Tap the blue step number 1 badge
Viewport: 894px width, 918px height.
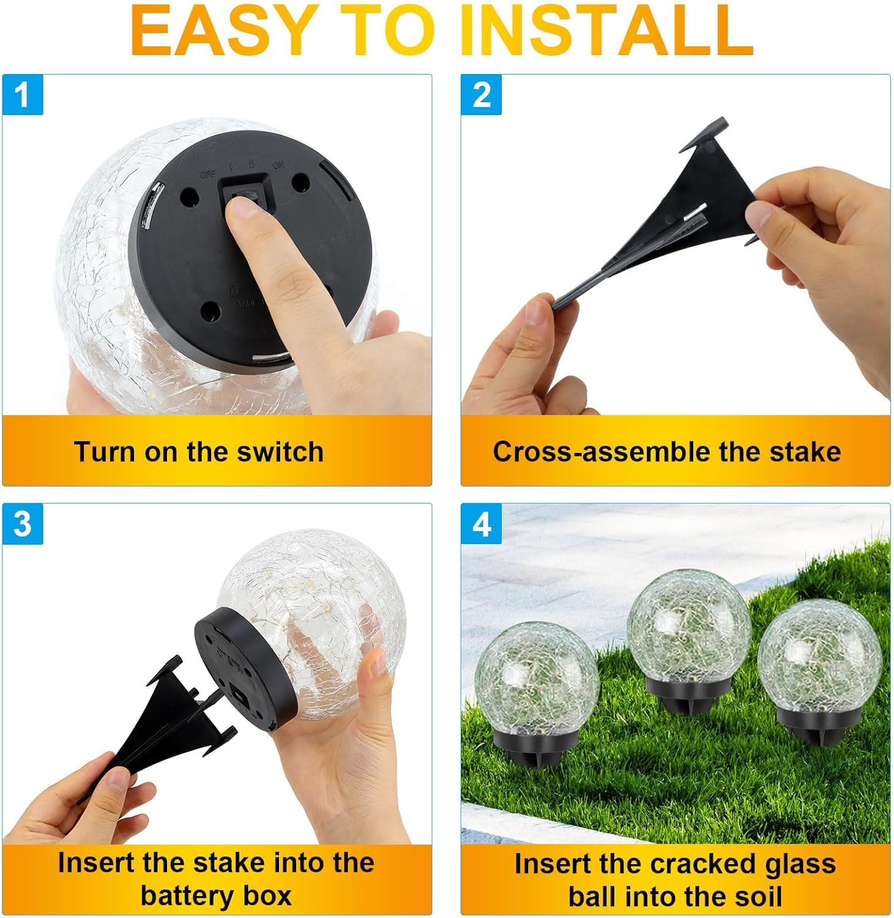pos(23,95)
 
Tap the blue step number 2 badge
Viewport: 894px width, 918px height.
pos(481,95)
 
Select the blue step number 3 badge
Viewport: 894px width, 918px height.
pos(23,524)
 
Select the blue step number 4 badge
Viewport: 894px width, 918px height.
pos(481,524)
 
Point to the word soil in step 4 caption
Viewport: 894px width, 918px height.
pos(758,897)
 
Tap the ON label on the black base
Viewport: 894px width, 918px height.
pos(278,165)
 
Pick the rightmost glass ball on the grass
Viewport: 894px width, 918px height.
pos(819,658)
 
